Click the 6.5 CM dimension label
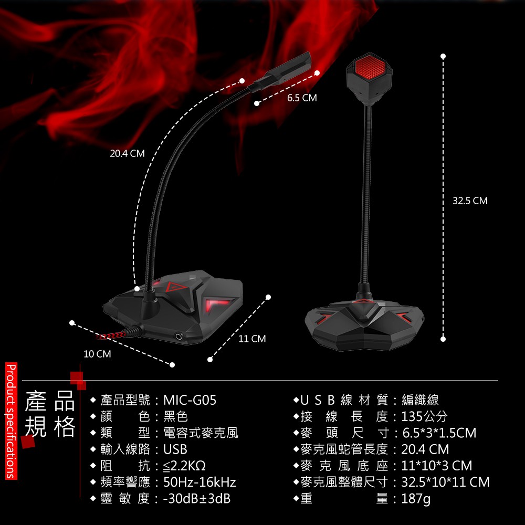point(302,98)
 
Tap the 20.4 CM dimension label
point(127,154)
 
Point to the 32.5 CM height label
point(470,201)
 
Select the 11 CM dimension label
point(252,339)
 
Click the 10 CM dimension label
point(97,354)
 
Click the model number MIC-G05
point(190,401)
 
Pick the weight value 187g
point(416,499)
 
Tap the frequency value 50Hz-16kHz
point(199,482)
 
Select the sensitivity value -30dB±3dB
point(197,499)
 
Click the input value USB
point(175,450)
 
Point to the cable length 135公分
point(424,417)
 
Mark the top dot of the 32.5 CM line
point(443,56)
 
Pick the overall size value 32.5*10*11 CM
point(445,482)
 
